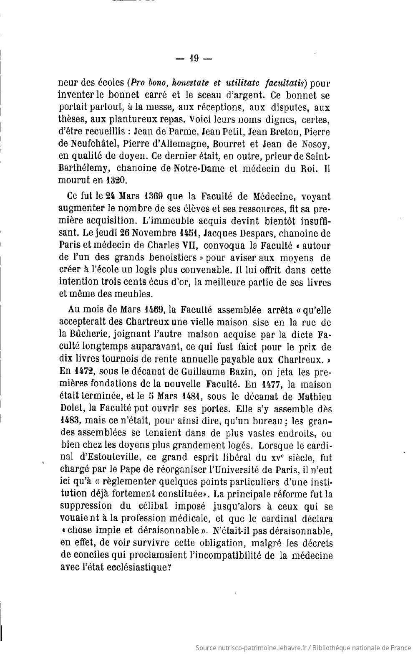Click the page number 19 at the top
coord(194,59)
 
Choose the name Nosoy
coord(316,144)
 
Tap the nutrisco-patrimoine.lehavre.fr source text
coord(251,648)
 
